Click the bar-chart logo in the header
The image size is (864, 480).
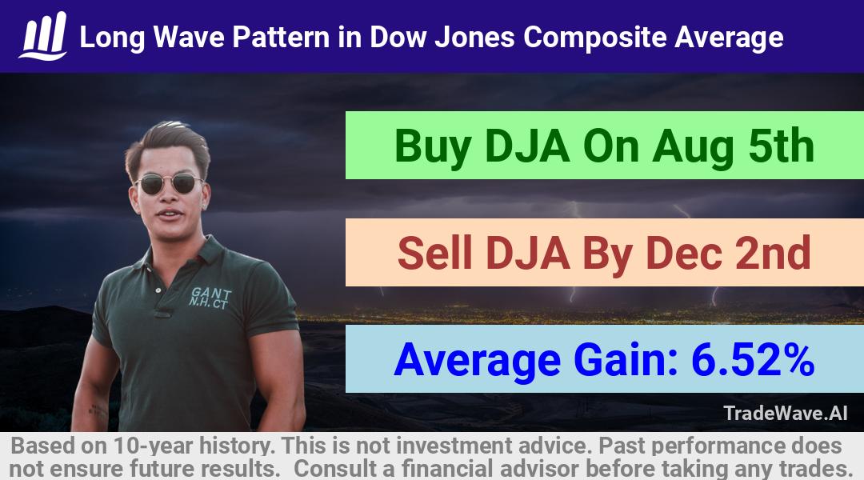(x=43, y=35)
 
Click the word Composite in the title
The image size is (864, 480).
(x=594, y=38)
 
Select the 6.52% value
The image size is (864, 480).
(x=753, y=359)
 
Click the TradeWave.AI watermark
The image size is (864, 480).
(x=786, y=413)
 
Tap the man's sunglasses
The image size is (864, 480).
(x=168, y=184)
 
